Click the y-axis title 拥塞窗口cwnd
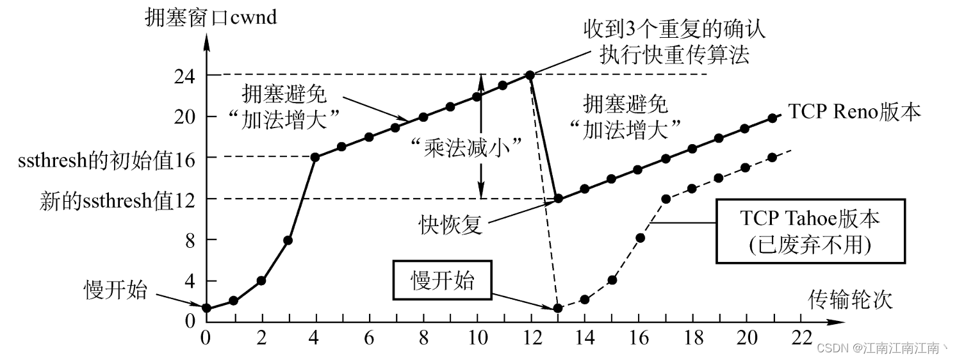tap(211, 17)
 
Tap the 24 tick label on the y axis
tap(184, 76)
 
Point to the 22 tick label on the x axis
tap(801, 336)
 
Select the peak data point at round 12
tap(530, 75)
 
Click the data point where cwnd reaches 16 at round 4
tap(315, 157)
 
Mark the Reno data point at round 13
tap(558, 199)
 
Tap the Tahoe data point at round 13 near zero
tap(558, 308)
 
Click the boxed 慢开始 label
tap(443, 279)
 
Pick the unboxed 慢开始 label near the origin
tap(116, 290)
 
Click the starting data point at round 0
tap(206, 308)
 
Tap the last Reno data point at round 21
tap(773, 118)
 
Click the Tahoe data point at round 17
tap(666, 199)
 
